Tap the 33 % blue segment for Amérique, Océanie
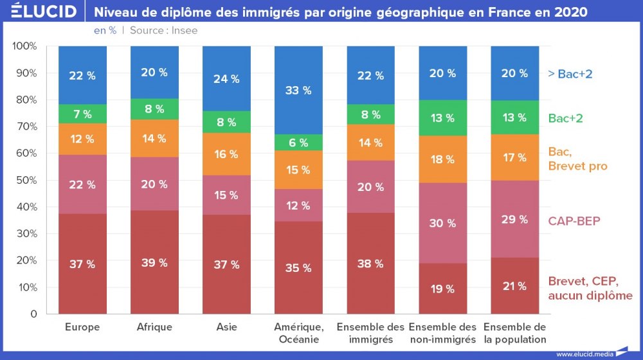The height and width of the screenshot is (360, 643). tap(298, 90)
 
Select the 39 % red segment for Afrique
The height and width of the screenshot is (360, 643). tap(154, 262)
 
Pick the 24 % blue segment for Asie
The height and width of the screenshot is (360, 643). tap(226, 78)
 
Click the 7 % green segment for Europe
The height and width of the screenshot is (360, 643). tap(82, 114)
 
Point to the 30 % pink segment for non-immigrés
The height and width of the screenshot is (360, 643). tap(442, 223)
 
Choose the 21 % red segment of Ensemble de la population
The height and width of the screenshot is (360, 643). tap(514, 286)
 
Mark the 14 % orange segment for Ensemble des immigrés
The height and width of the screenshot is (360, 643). tap(370, 143)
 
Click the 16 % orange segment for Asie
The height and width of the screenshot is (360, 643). tap(226, 154)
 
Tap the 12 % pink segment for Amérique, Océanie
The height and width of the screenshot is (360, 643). tap(298, 206)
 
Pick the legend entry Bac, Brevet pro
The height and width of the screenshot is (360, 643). tap(577, 159)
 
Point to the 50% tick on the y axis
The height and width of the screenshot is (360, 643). tap(26, 180)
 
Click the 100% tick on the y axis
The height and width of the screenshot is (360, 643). tap(24, 46)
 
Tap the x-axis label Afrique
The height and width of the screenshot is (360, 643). tap(154, 327)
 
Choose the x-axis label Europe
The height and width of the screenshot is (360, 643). tap(82, 327)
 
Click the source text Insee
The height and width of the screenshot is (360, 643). tap(185, 30)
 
